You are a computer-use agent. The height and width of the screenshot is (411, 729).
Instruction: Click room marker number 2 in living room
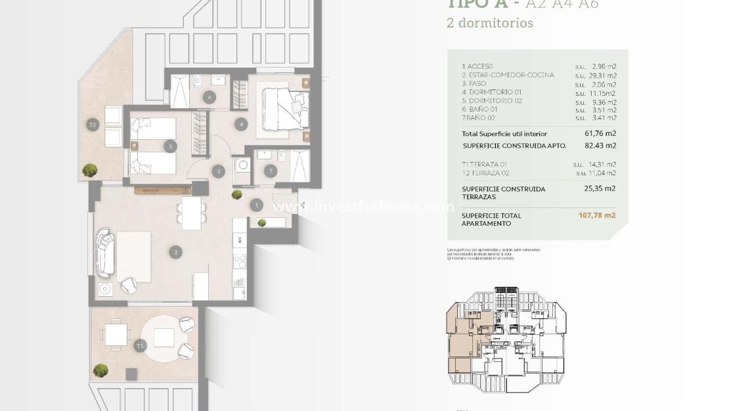pos(175,251)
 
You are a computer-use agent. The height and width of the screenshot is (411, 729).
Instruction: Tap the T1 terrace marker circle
pos(139,345)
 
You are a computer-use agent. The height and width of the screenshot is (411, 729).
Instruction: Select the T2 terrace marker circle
pos(93,123)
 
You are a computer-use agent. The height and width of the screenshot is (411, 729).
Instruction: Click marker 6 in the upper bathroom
pos(210,98)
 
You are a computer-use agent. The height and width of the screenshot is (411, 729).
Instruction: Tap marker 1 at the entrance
pos(256,205)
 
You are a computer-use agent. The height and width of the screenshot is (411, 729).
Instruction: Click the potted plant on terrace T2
pos(87,171)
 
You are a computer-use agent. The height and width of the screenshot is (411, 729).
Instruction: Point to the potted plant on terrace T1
pos(100,371)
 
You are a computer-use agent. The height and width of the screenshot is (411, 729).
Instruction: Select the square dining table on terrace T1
pos(116,335)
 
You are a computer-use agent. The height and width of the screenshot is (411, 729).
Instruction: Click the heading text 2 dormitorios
pos(489,23)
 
